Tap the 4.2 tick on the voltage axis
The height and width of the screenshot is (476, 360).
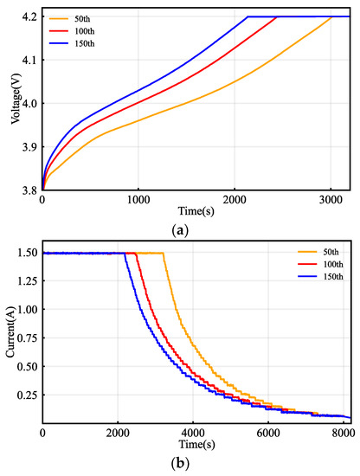point(28,16)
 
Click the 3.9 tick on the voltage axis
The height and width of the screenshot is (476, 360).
point(28,147)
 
